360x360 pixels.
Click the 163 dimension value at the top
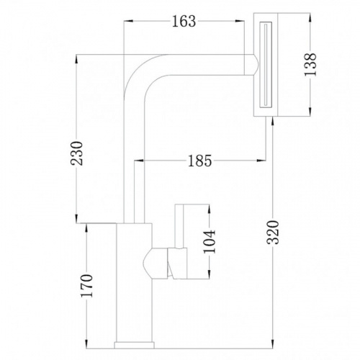(184, 22)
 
